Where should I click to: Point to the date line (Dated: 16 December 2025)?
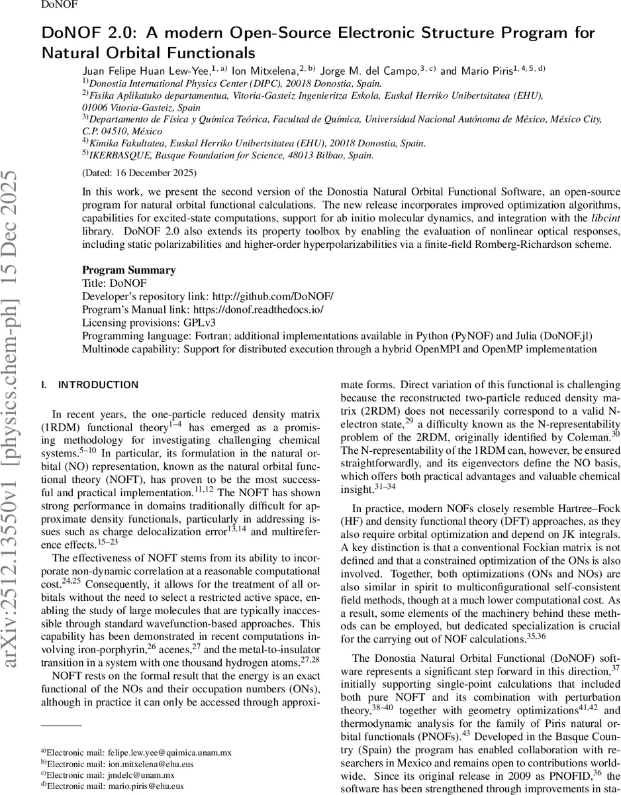pos(139,173)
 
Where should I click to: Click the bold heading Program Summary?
pos(129,270)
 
